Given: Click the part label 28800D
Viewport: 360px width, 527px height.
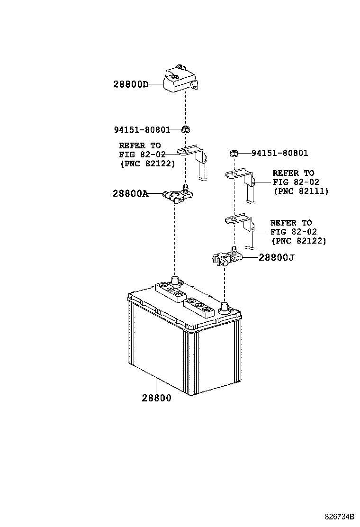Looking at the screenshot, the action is tap(131, 84).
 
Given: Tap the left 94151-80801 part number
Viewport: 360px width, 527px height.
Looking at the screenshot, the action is tap(142, 129).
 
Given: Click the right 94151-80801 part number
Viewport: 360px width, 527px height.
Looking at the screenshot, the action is tap(280, 153).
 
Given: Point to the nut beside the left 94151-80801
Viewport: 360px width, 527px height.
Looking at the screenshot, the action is tap(185, 129).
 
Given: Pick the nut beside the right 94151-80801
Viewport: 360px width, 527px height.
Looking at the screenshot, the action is tap(234, 153).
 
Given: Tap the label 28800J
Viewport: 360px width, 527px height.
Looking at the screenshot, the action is tap(276, 258).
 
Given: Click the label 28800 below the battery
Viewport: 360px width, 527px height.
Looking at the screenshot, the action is tap(156, 398).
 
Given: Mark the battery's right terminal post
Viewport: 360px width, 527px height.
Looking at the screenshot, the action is tap(224, 307).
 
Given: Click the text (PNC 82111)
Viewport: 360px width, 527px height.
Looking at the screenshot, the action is tap(301, 191).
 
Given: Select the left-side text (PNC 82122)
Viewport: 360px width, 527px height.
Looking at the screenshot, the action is tap(147, 164).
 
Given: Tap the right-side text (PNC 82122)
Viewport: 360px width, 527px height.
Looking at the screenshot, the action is tap(298, 241).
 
